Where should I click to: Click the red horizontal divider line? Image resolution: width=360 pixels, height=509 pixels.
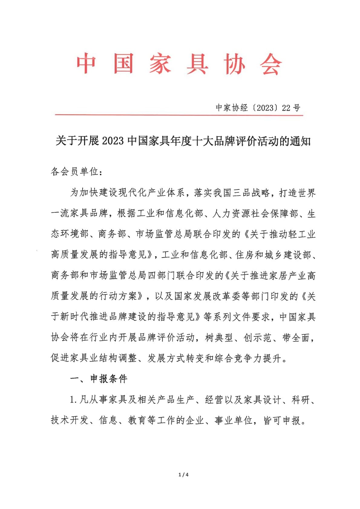click(178, 115)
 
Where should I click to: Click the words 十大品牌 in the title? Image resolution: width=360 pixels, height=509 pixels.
click(214, 141)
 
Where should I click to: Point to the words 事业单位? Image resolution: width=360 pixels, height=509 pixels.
click(234, 420)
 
